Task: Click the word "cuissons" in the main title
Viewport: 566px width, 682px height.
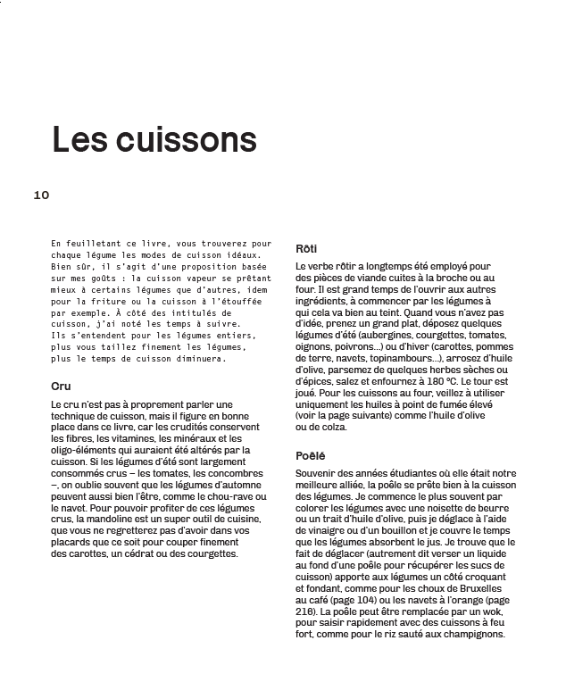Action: point(196,140)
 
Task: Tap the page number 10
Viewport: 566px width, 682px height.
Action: point(41,195)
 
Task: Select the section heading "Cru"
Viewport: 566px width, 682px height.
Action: point(62,387)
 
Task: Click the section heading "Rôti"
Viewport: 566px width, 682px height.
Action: point(306,249)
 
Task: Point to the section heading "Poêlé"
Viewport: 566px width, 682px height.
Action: point(311,455)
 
